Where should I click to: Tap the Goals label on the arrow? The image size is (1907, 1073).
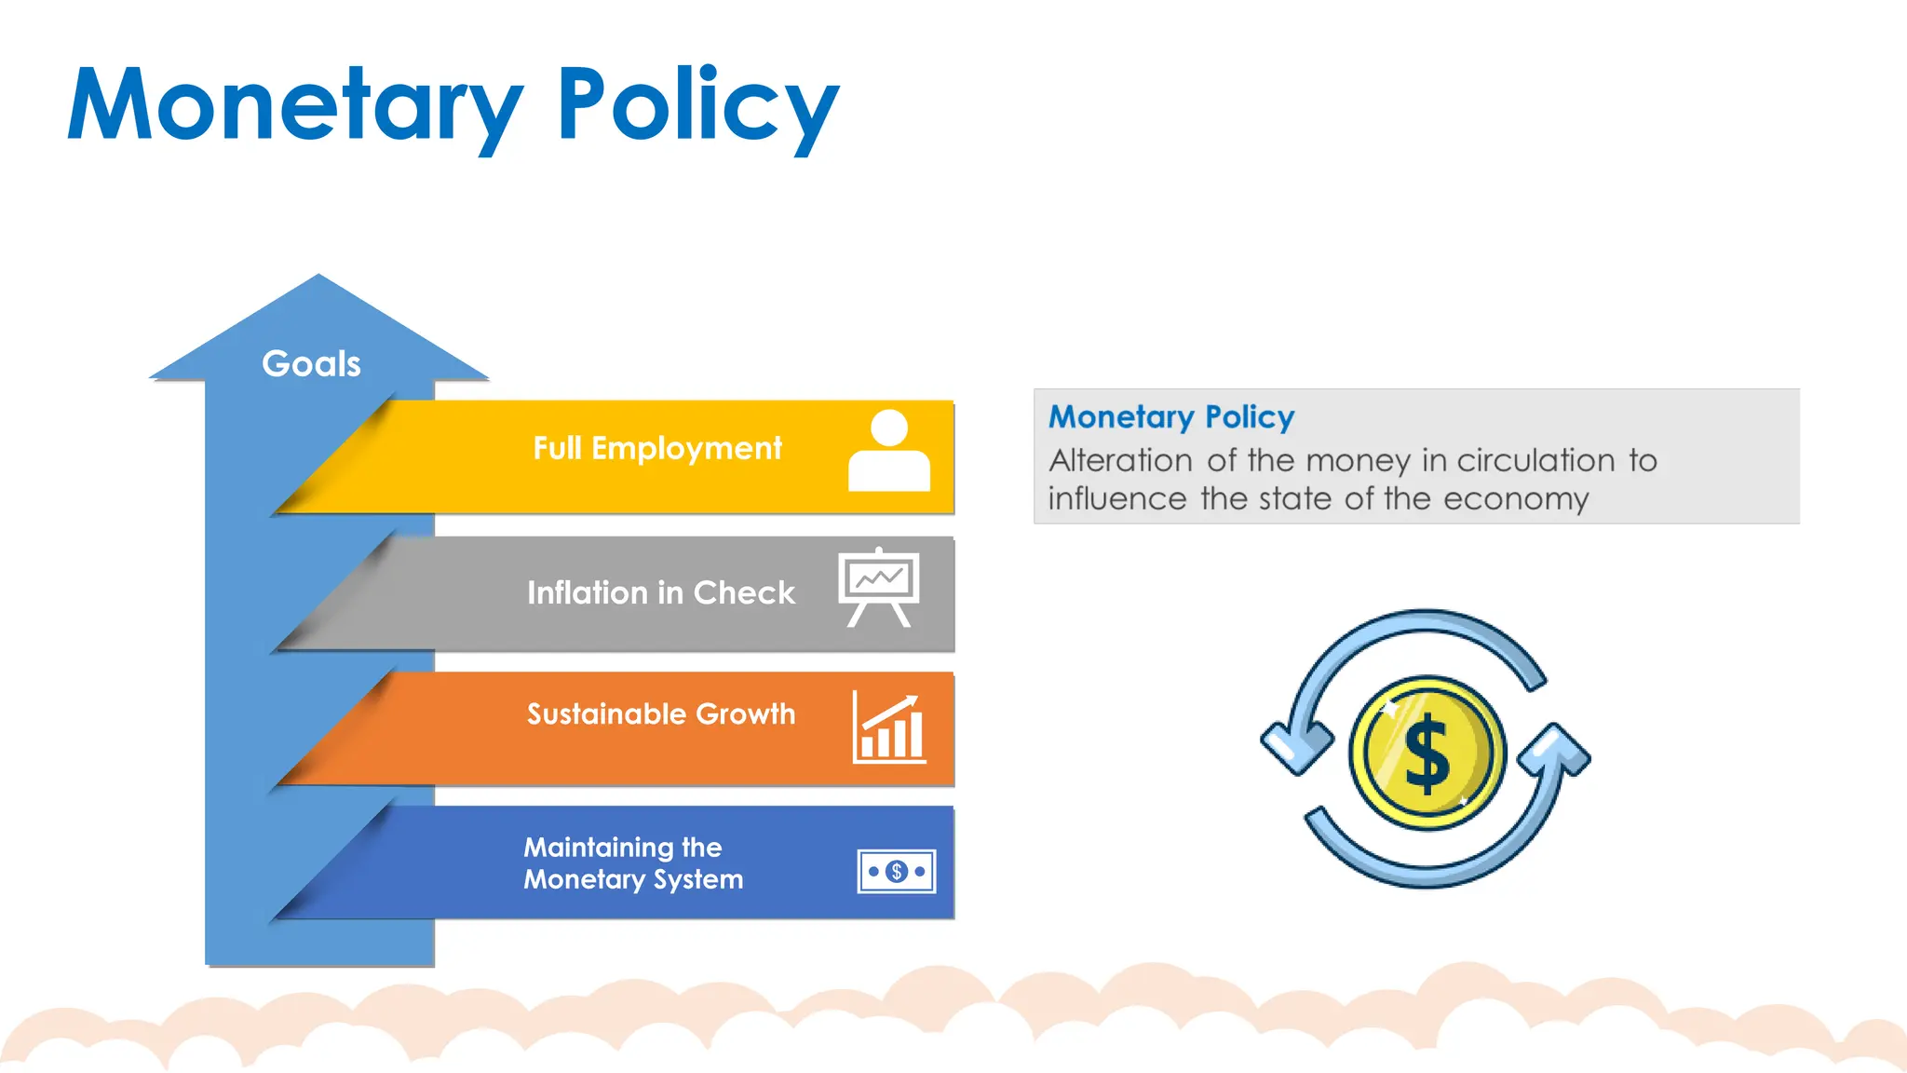(x=311, y=363)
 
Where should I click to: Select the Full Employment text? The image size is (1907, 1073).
(x=657, y=448)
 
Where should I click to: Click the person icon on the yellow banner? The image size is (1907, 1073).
(x=889, y=451)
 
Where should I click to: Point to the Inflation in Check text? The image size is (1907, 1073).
(x=661, y=592)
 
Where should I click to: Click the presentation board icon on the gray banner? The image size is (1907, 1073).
(x=879, y=587)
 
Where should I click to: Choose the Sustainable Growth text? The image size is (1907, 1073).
(x=661, y=713)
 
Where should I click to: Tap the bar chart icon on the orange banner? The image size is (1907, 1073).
(x=889, y=729)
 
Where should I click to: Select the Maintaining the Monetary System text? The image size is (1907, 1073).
(x=633, y=863)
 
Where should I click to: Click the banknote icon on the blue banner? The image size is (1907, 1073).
(x=897, y=872)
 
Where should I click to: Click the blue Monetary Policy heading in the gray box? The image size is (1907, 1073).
(x=1171, y=416)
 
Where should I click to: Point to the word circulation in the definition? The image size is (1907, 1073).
(x=1535, y=460)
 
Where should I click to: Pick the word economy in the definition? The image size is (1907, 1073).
(x=1516, y=499)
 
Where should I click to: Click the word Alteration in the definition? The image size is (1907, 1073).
(x=1120, y=460)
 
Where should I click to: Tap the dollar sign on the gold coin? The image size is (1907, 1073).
(x=1427, y=754)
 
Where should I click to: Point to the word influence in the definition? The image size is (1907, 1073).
(x=1116, y=499)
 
